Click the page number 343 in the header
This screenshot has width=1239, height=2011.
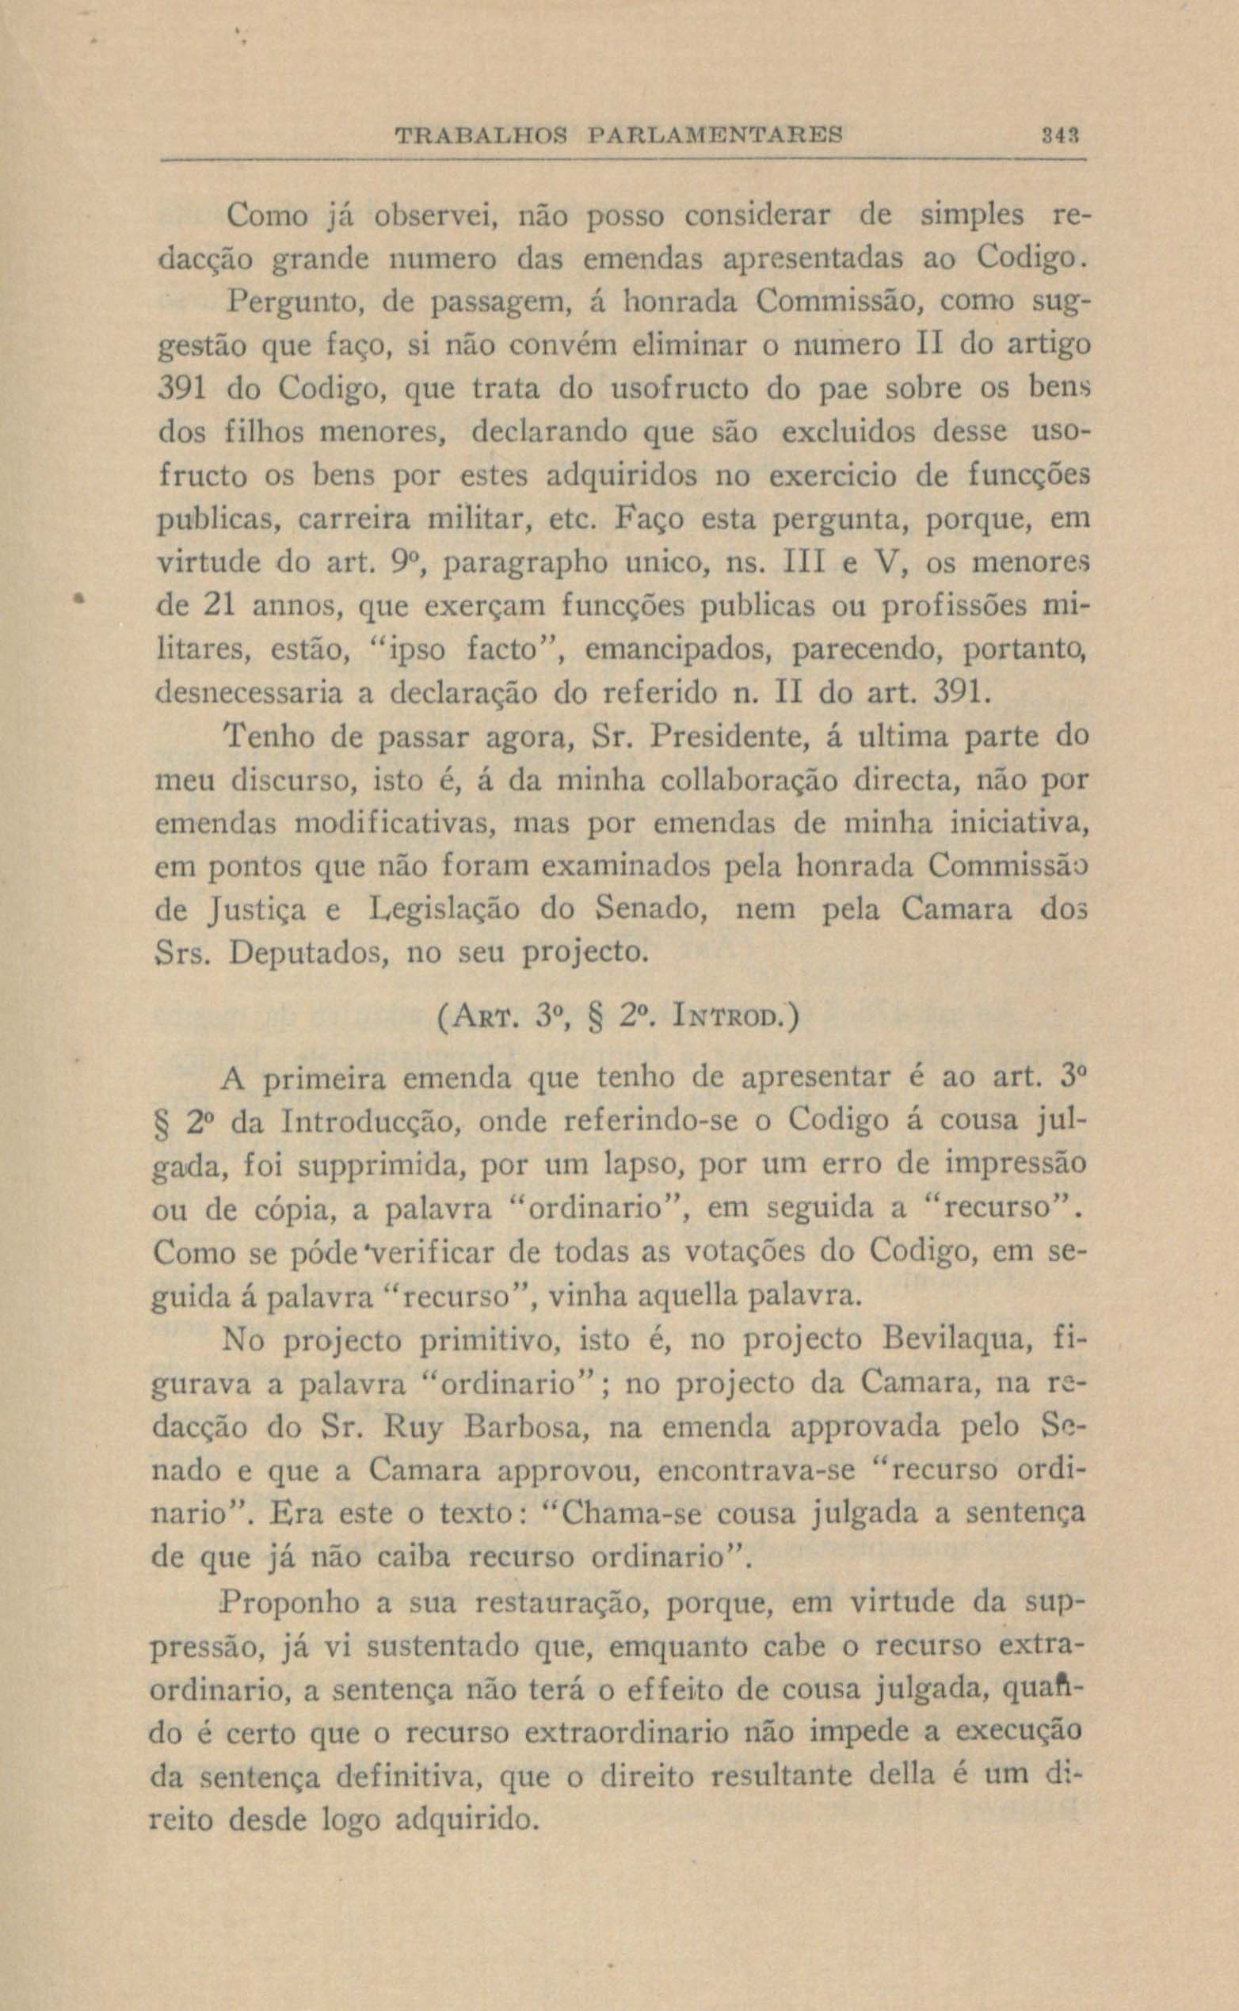(1063, 134)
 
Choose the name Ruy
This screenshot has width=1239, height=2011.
(413, 1429)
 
